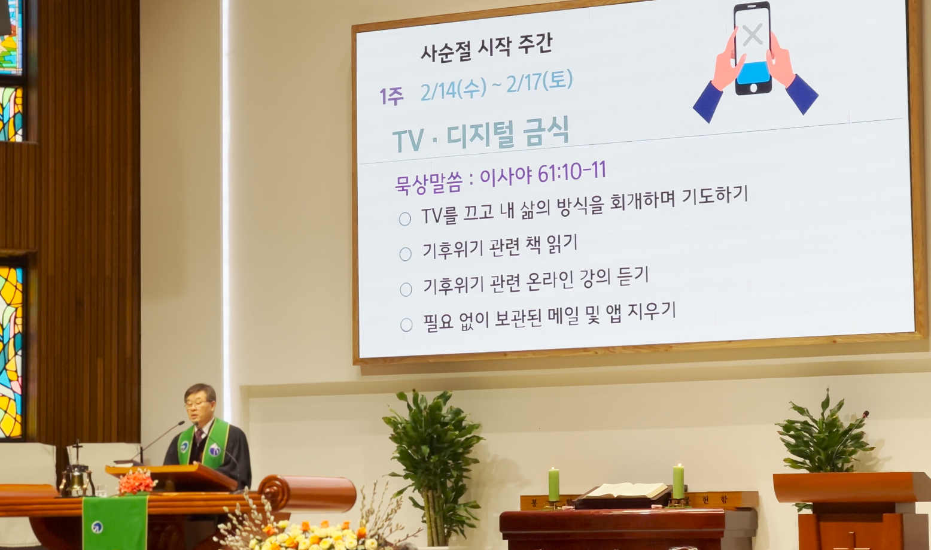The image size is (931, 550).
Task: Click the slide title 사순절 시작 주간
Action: pos(486,48)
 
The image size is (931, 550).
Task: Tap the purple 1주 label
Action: pos(391,96)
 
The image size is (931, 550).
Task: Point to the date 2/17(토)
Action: pos(540,82)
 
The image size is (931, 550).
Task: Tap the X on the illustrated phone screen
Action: pos(752,34)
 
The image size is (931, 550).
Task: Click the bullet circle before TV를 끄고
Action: pos(405,219)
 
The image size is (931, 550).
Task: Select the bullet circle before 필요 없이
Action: pos(406,325)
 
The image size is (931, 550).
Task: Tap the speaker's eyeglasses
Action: pos(197,403)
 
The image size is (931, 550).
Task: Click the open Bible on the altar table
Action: pos(625,491)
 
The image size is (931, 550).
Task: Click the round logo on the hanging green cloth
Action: pos(98,527)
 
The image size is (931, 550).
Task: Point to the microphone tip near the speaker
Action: pos(181,423)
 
